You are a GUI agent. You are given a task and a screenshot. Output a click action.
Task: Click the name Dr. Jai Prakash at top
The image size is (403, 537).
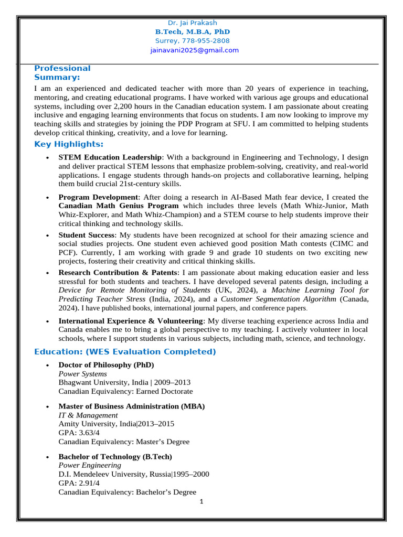[192, 23]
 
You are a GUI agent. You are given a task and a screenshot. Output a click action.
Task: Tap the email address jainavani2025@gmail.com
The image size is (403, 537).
[194, 50]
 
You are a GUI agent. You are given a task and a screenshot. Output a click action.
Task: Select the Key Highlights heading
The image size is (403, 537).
[69, 144]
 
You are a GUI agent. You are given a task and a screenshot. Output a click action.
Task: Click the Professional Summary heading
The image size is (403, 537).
[62, 72]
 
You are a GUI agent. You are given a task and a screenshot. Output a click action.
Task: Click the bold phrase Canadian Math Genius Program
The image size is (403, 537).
[119, 206]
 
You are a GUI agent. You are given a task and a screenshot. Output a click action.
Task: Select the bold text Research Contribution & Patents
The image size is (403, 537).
[119, 273]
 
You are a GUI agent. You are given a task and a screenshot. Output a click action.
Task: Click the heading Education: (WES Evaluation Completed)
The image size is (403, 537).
[125, 351]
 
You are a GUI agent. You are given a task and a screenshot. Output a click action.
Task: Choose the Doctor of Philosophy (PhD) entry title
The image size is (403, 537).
[106, 364]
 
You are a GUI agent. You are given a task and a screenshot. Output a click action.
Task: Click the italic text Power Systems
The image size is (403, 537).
[82, 374]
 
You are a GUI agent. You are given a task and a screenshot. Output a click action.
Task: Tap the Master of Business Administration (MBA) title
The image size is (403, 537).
[131, 406]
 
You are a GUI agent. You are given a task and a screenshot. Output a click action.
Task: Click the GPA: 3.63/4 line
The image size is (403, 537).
[79, 433]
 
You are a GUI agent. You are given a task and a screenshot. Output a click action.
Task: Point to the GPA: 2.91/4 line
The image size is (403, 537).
[79, 483]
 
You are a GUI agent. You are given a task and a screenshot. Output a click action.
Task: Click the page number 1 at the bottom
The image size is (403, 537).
[201, 501]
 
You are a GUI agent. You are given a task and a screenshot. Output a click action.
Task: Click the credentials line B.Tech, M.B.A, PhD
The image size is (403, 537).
[192, 31]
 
